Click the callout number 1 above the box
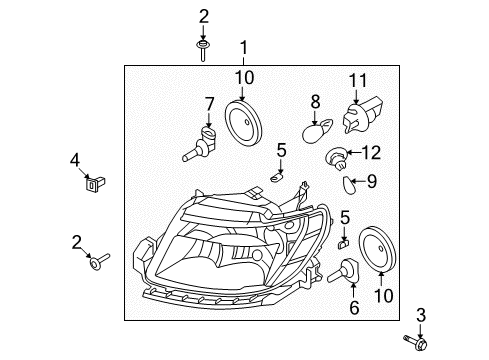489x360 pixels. [244, 48]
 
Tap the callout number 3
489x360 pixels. [421, 315]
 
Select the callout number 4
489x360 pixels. [75, 160]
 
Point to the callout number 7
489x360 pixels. [209, 104]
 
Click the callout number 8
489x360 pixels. [315, 102]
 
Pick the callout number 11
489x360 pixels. [358, 81]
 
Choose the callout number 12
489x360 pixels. [371, 152]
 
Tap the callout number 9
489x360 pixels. [371, 181]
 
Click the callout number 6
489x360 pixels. [354, 307]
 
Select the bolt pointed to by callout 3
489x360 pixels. [416, 342]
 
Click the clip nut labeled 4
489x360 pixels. [94, 183]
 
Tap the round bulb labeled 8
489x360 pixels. [317, 130]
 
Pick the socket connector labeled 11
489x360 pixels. [361, 114]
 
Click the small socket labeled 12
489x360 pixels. [337, 158]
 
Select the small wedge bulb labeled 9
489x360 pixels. [349, 185]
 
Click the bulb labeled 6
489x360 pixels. [343, 270]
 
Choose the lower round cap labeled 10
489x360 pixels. [378, 249]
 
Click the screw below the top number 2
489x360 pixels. [202, 50]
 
